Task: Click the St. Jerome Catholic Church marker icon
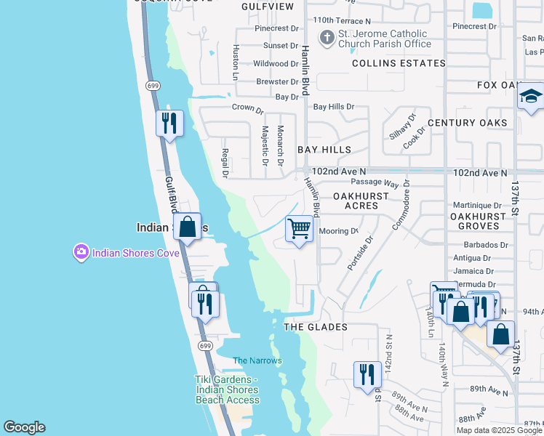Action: pos(328,38)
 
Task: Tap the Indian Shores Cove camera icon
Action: pos(80,252)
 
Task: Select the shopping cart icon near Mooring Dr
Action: pos(299,229)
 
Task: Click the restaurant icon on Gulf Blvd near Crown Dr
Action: pos(169,123)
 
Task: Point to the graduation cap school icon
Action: pos(531,97)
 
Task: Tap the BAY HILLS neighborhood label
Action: pos(324,150)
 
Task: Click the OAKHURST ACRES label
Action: pos(356,201)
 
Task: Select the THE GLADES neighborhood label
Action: pos(315,327)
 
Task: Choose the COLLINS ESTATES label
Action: pos(399,63)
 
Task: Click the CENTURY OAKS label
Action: pos(467,123)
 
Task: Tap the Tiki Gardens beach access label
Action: pos(227,389)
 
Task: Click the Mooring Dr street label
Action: pos(339,231)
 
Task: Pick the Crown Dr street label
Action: pos(247,109)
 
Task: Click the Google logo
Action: pos(24,427)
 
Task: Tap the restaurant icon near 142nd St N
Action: pos(367,374)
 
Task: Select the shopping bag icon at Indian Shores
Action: pos(188,227)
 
